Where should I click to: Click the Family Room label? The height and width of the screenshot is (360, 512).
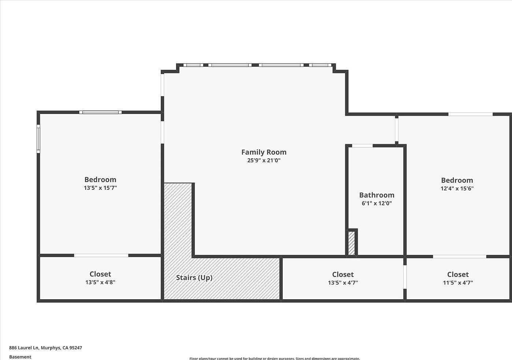pos(264,152)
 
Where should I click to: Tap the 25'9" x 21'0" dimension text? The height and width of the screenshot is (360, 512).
pos(264,160)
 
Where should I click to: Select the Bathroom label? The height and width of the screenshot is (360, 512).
pos(376,195)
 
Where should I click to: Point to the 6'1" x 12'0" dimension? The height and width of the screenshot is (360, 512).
pos(376,203)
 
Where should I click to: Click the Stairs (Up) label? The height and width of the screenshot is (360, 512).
pos(194,278)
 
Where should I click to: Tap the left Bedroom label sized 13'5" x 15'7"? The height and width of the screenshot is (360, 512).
pos(100,179)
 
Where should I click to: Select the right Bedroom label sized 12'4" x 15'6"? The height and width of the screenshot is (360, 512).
pos(457,180)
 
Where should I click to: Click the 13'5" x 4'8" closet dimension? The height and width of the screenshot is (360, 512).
pos(100,282)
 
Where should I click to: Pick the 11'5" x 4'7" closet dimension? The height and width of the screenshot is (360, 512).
pos(457,283)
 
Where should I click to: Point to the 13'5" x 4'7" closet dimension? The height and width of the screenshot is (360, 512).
pos(343,283)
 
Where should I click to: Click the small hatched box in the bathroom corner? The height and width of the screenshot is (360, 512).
pos(352,243)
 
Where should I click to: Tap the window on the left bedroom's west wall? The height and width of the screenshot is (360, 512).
pos(38,139)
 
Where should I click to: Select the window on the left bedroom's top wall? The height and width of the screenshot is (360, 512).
pos(100,112)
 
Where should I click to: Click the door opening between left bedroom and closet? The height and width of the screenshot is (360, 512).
pos(101,255)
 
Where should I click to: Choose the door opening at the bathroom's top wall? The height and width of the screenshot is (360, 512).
pos(362,146)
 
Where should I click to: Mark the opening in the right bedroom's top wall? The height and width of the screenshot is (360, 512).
pos(470,114)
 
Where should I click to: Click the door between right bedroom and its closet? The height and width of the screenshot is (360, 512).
pos(459,256)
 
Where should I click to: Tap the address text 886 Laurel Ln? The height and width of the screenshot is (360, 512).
pos(45,348)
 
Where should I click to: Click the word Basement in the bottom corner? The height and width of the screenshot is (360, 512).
pos(20,357)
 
